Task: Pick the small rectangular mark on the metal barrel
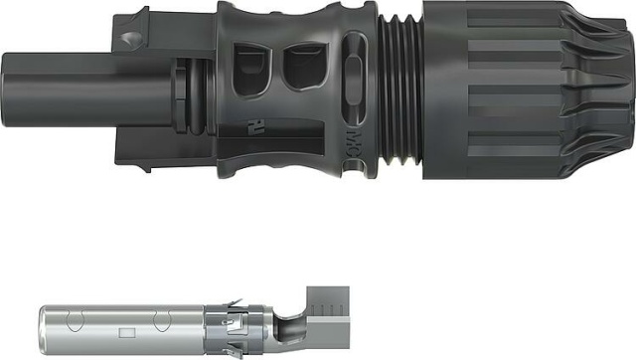click(126, 332)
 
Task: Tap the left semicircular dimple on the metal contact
click(71, 320)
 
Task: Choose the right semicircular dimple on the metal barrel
click(161, 320)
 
